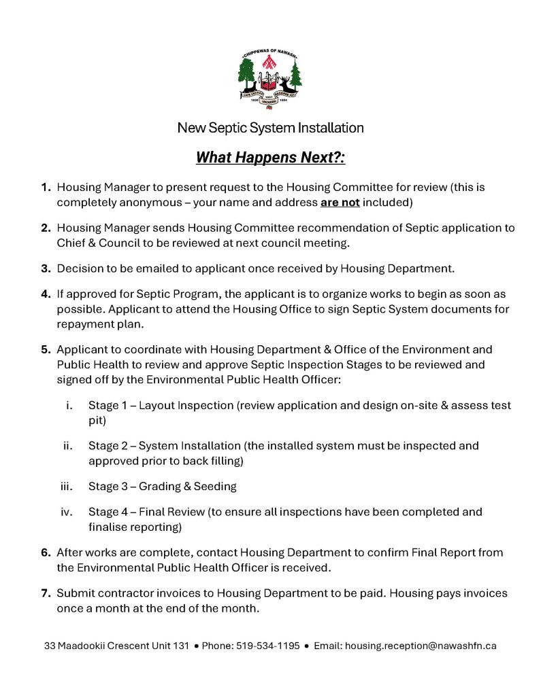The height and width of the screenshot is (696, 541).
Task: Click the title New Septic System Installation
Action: pyautogui.click(x=270, y=128)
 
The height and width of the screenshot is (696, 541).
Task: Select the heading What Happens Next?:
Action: pyautogui.click(x=270, y=158)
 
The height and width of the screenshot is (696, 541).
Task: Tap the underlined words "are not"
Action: pyautogui.click(x=340, y=203)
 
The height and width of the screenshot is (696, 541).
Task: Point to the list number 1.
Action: pyautogui.click(x=46, y=187)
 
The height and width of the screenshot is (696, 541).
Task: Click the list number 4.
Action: pyautogui.click(x=46, y=294)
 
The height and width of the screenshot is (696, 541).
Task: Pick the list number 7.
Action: pyautogui.click(x=46, y=593)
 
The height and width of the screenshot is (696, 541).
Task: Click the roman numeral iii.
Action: pyautogui.click(x=67, y=486)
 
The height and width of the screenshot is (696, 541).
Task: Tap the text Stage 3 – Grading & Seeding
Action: pyautogui.click(x=162, y=486)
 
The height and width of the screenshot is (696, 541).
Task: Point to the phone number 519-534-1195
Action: pyautogui.click(x=267, y=646)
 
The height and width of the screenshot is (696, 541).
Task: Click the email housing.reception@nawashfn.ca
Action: pyautogui.click(x=421, y=646)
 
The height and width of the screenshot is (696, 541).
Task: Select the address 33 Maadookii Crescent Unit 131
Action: pyautogui.click(x=116, y=646)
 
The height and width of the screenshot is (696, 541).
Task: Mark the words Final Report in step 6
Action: pyautogui.click(x=444, y=553)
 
